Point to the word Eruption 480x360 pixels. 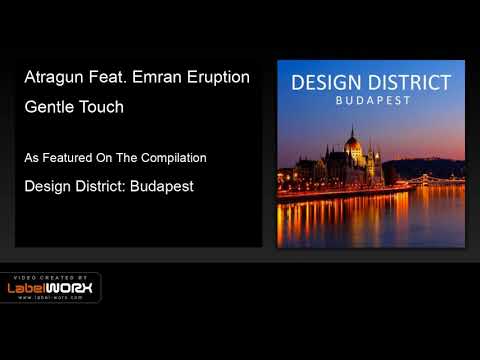217,78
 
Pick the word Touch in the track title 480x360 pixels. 102,107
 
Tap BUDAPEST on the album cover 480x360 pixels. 370,100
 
